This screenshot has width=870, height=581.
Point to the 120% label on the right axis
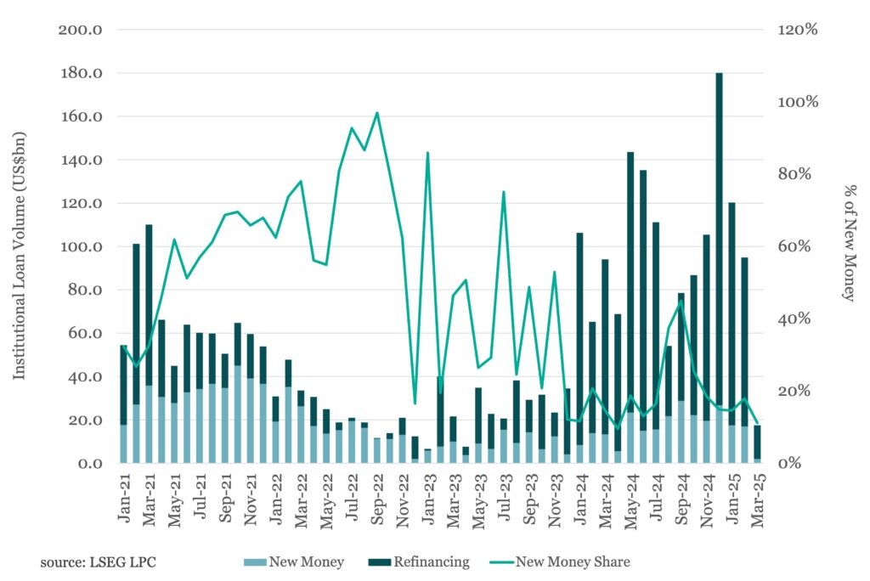point(799,30)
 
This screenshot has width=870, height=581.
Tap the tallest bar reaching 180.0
point(719,255)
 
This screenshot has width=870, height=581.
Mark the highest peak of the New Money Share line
point(377,113)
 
